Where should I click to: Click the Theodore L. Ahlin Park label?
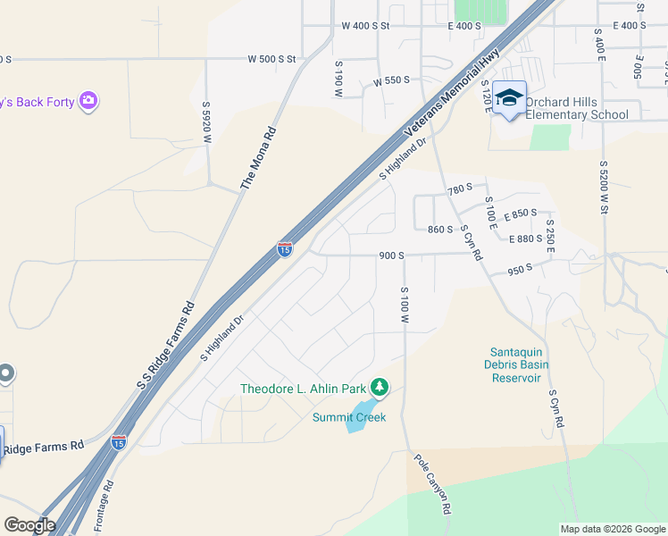[x=304, y=388]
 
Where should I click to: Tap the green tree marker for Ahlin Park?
[x=381, y=387]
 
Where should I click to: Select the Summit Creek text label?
[x=349, y=417]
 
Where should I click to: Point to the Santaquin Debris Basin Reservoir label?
[x=519, y=364]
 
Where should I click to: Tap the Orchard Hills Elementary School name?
[x=577, y=108]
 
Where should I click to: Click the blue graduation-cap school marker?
[x=509, y=99]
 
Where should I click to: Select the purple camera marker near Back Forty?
[x=88, y=101]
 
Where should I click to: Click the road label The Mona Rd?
[x=259, y=158]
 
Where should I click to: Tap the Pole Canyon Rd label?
[x=430, y=487]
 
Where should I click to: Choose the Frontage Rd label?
[x=104, y=506]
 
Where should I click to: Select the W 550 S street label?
[x=391, y=80]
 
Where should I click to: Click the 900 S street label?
[x=391, y=255]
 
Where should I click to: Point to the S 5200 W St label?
[x=604, y=188]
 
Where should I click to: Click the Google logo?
[x=29, y=525]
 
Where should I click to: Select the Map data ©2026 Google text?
[x=612, y=529]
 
